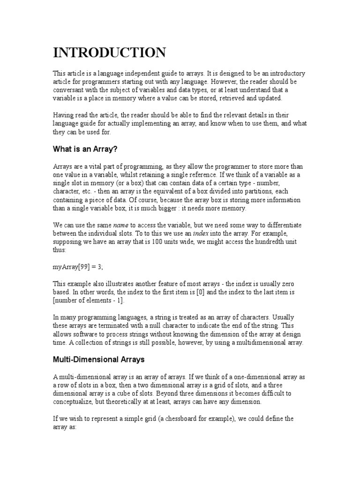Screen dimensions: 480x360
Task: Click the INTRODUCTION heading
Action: click(x=109, y=52)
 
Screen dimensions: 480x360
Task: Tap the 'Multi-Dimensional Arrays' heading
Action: click(x=99, y=360)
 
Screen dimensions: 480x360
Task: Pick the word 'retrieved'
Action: click(x=226, y=98)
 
